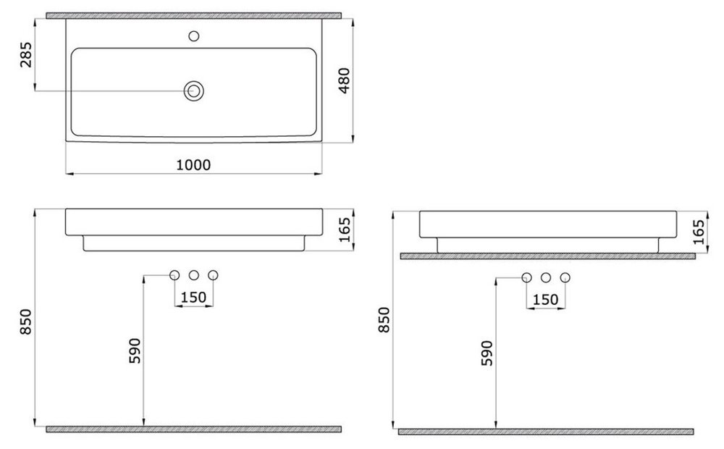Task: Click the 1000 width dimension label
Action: pyautogui.click(x=193, y=164)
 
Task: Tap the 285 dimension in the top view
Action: pyautogui.click(x=26, y=54)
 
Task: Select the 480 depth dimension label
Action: pyautogui.click(x=345, y=81)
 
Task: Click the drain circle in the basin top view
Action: pyautogui.click(x=194, y=91)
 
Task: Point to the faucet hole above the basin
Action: pyautogui.click(x=194, y=35)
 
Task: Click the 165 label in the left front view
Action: pyautogui.click(x=345, y=230)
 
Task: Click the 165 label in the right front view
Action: pyautogui.click(x=699, y=232)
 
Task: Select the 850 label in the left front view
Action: pyautogui.click(x=26, y=322)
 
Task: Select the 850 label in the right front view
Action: pyautogui.click(x=384, y=319)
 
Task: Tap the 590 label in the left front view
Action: pyautogui.click(x=135, y=351)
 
